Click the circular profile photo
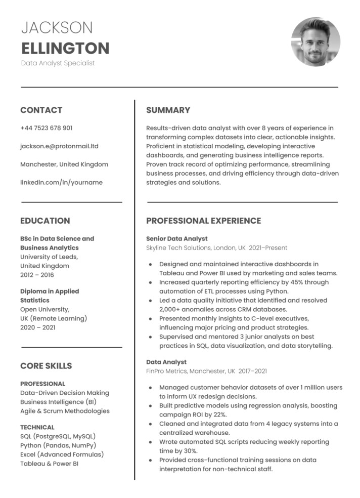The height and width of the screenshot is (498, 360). (316, 42)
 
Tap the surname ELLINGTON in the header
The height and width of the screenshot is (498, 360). (65, 49)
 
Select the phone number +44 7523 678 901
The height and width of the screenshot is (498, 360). (46, 128)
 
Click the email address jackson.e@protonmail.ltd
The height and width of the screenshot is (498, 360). (59, 146)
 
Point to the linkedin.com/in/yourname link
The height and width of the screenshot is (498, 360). (61, 182)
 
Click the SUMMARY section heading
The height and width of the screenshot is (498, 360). (168, 110)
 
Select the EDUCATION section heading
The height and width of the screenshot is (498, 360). (45, 221)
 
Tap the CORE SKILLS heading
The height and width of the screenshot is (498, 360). (46, 366)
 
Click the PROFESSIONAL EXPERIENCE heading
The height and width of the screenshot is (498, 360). (203, 221)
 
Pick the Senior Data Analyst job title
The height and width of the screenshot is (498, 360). (176, 239)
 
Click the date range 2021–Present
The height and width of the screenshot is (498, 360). (268, 248)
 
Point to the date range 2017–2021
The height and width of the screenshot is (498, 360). (252, 371)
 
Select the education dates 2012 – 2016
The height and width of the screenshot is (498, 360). (37, 275)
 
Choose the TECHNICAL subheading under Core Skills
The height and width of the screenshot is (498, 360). (37, 427)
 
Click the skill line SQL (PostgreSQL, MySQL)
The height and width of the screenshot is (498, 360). (58, 436)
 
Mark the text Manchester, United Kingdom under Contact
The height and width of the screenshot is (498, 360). (64, 164)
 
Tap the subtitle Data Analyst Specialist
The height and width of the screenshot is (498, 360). (58, 63)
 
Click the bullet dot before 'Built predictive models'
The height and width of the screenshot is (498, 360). (150, 405)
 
